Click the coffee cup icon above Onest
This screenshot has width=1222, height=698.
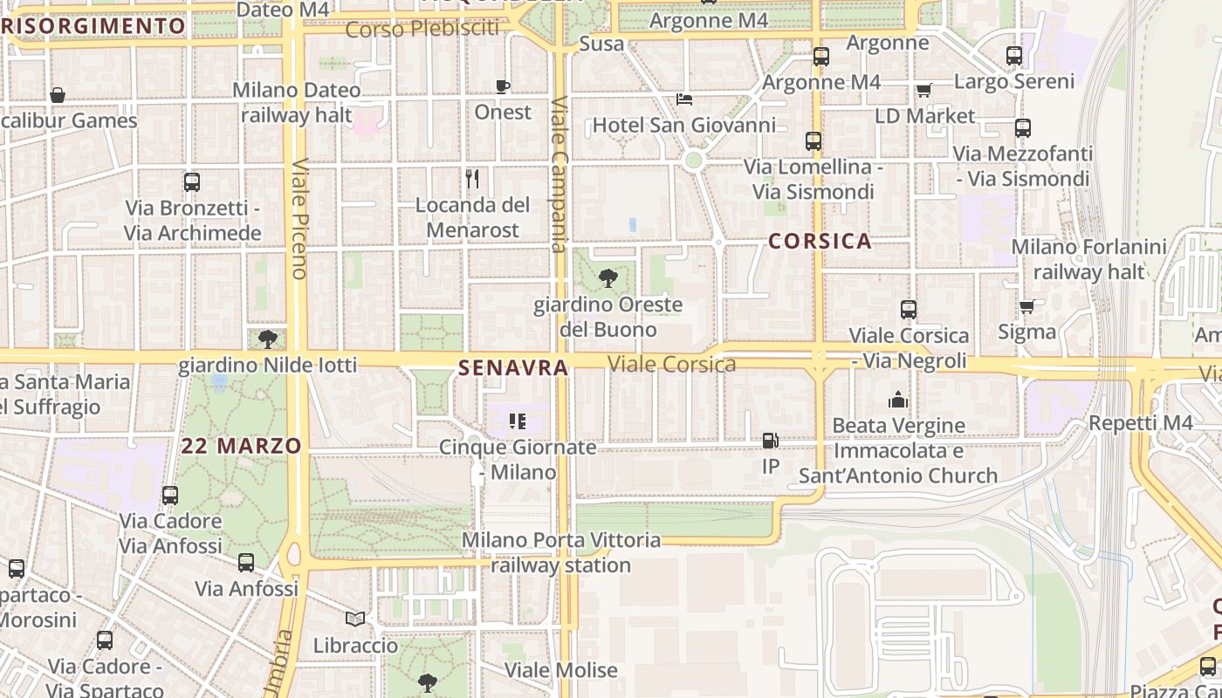coord(503,86)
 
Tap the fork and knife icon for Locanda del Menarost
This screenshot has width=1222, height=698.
coord(472,179)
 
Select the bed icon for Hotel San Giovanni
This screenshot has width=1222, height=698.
coord(684,99)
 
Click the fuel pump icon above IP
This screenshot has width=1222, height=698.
coord(770,441)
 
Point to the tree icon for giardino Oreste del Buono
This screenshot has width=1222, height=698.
coord(608,278)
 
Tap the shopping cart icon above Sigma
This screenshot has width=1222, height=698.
coord(1027,306)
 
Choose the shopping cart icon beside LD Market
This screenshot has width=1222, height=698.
coord(924,90)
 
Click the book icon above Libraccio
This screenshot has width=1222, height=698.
coord(355,619)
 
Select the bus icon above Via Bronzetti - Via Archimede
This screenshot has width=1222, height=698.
coord(192,182)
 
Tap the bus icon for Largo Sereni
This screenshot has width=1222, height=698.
coord(1014,56)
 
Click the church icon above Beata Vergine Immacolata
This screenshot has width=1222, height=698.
coord(898,400)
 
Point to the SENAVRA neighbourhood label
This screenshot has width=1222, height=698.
coord(513,368)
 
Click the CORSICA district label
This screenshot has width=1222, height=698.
coord(820,242)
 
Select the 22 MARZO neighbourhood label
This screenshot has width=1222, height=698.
coord(242,446)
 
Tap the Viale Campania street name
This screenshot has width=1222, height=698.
coord(560,174)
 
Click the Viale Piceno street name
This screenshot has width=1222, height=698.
coord(299,218)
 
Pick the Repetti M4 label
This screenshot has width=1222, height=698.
coord(1140,422)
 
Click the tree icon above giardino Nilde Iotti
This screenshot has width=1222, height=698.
coord(268,339)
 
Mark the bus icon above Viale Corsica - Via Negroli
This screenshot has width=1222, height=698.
coord(909,310)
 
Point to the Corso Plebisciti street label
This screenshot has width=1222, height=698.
coord(422,29)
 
